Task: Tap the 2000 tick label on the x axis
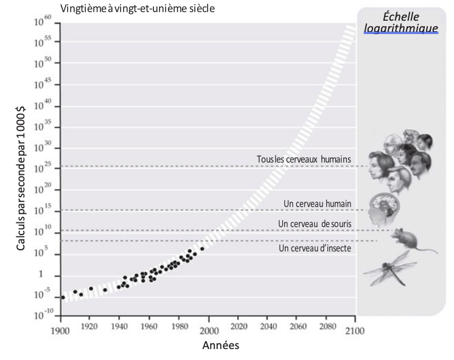[x=209, y=330]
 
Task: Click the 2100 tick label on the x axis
[x=355, y=330]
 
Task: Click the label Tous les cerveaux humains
[x=304, y=159]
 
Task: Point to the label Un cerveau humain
[x=317, y=203]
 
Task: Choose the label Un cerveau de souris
[x=314, y=224]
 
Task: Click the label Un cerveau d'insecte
[x=315, y=248]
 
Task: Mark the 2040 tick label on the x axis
[x=268, y=330]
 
